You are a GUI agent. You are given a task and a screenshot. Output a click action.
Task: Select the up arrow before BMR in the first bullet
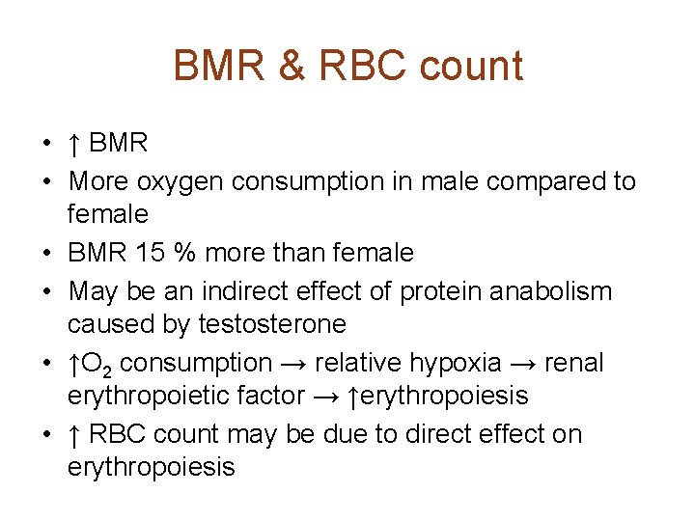[74, 145]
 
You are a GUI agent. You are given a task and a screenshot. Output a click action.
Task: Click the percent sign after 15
[182, 254]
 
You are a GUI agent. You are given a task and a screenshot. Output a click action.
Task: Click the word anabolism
[558, 290]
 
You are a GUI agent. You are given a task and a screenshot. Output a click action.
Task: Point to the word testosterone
[271, 324]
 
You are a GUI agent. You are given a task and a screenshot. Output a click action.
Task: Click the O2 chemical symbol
[100, 364]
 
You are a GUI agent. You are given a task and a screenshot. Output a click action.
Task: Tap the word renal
[574, 363]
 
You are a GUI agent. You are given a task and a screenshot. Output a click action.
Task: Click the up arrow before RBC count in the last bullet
[74, 435]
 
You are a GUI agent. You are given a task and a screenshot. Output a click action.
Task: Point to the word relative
[349, 363]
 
